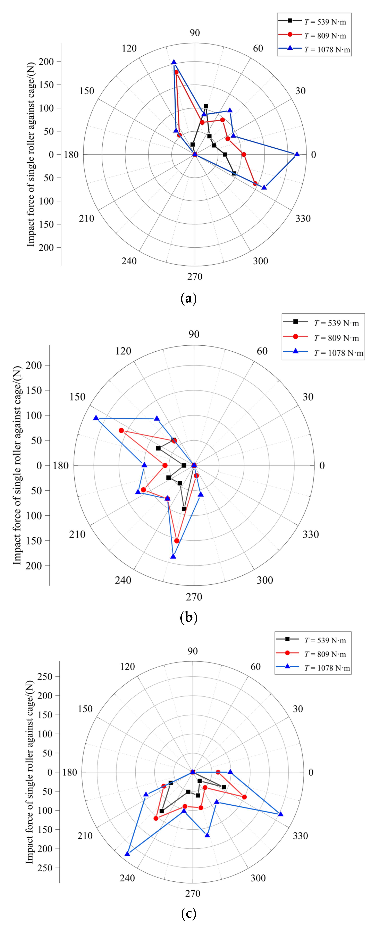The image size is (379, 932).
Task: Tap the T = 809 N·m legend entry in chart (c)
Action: (x=313, y=654)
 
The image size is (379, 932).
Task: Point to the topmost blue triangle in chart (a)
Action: (x=174, y=62)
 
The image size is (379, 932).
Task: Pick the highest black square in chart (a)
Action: (x=206, y=106)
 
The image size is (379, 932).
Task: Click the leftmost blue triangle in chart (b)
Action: (x=96, y=418)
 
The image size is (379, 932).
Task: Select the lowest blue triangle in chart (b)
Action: (x=173, y=556)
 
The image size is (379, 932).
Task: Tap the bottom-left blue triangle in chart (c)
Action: (x=127, y=854)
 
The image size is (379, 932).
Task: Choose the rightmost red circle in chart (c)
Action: (x=244, y=797)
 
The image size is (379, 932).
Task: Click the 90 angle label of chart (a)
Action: (x=195, y=33)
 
